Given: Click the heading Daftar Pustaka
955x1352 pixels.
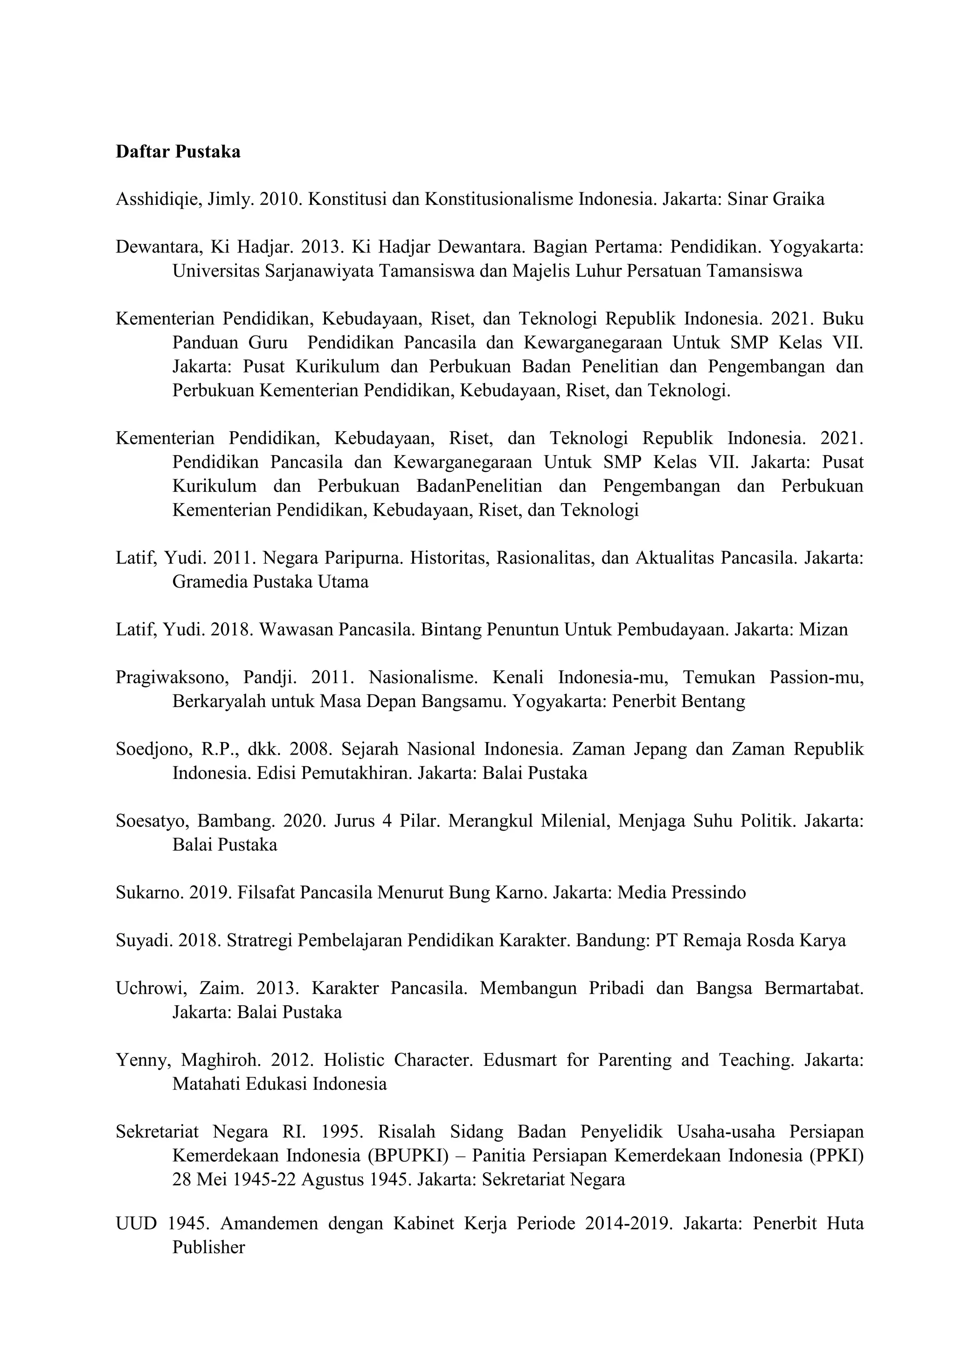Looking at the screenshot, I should tap(178, 152).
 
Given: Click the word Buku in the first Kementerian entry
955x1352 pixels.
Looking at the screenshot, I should tap(843, 319).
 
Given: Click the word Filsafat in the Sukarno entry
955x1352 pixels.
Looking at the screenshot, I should tap(267, 893).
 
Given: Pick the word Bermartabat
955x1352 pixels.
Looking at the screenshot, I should tap(814, 988).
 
